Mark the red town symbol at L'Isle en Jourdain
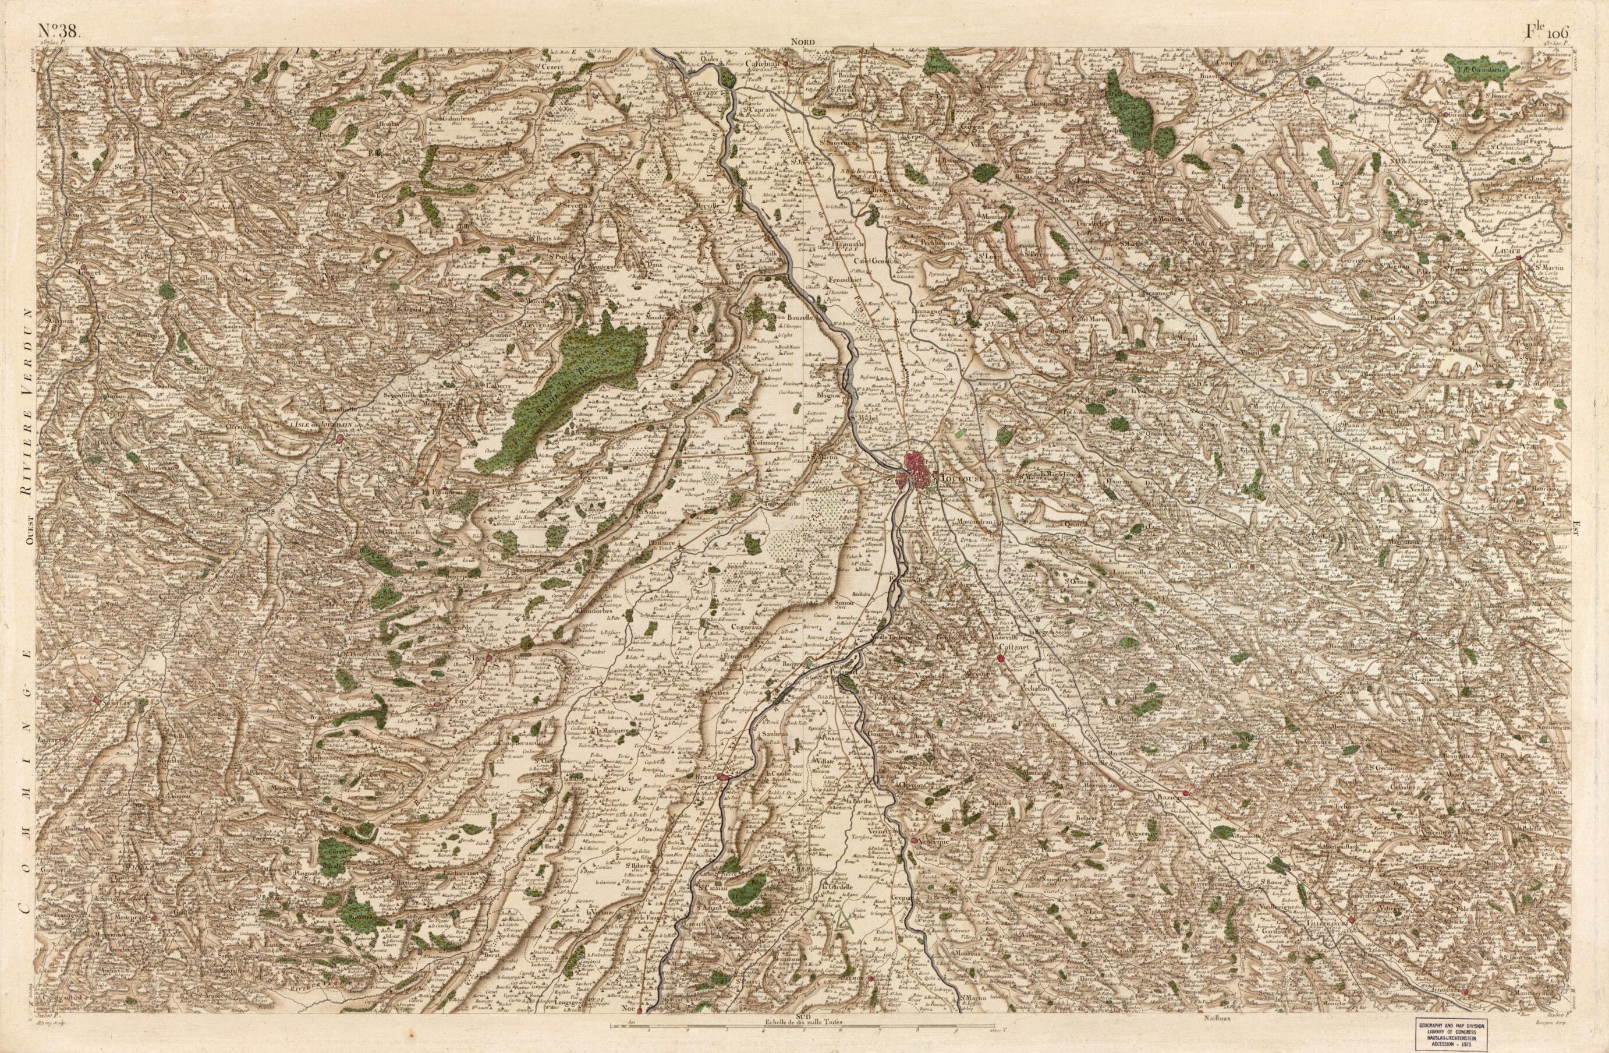(339, 438)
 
